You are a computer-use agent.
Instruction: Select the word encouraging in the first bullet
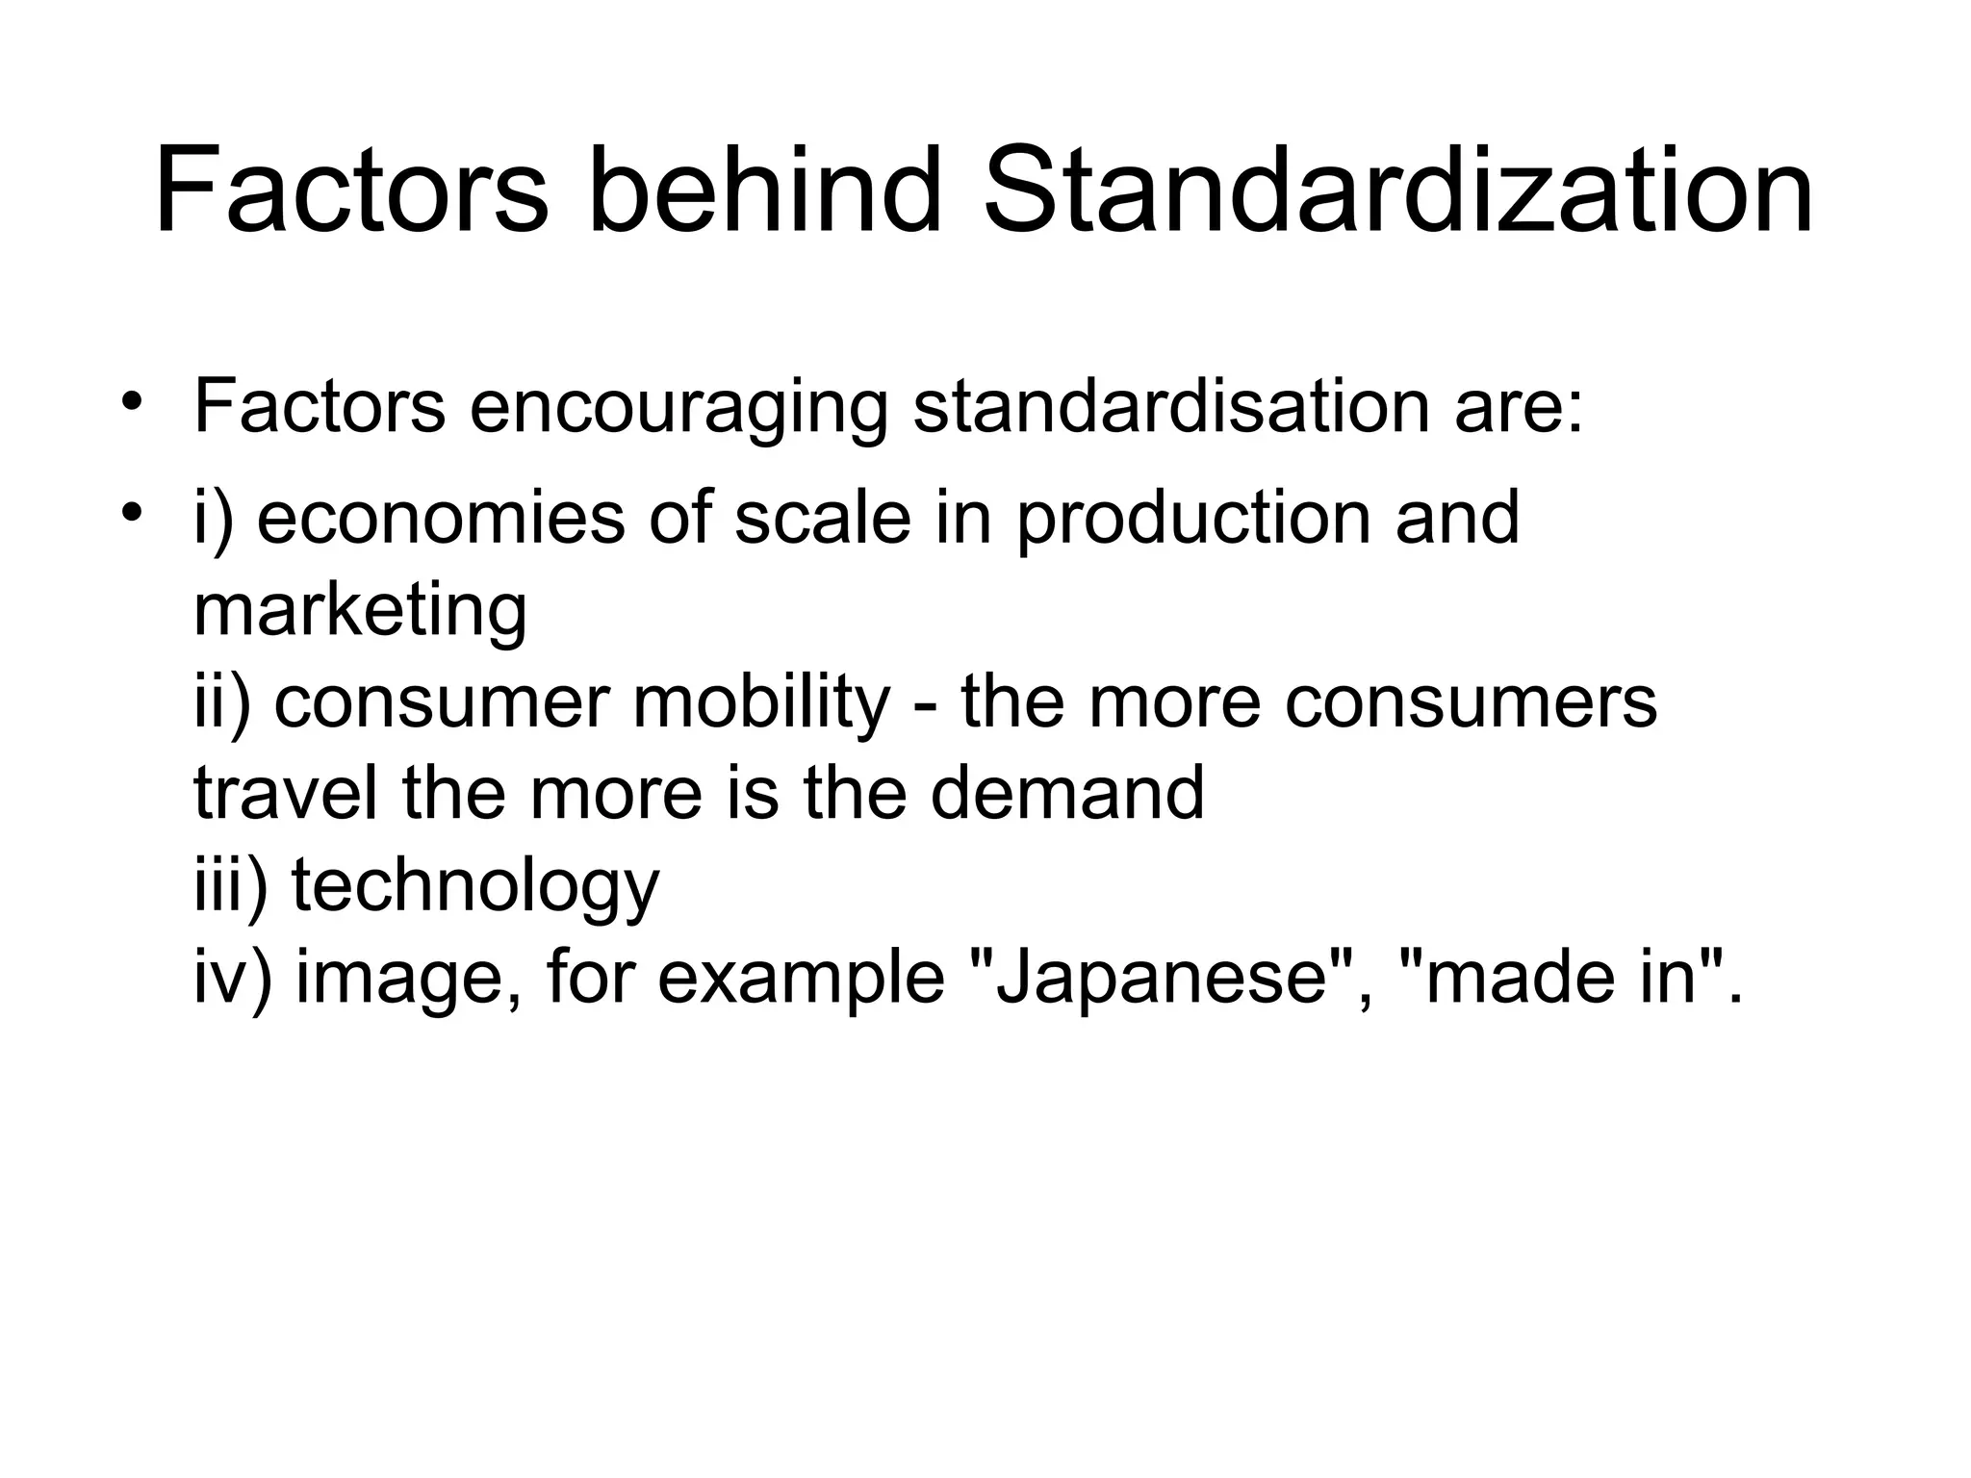point(678,408)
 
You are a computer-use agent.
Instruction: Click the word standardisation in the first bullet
point(1170,408)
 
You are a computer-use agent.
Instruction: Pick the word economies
point(441,519)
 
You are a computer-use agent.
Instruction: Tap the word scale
point(822,519)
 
